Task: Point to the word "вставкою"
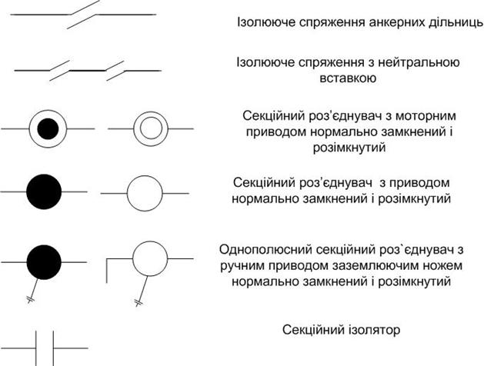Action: (348, 78)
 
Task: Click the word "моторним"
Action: (426, 115)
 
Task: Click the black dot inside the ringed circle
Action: (48, 126)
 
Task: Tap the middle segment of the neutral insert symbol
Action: (88, 70)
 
